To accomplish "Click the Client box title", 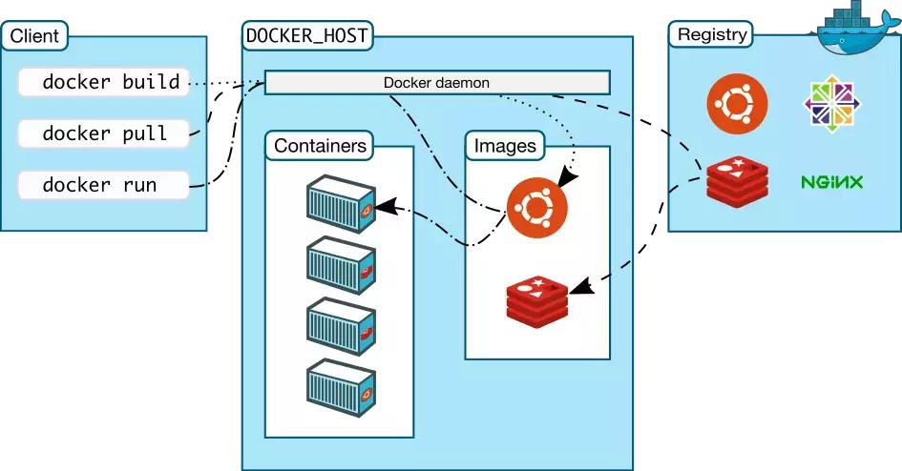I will coord(35,37).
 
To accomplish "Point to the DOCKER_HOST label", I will coord(307,37).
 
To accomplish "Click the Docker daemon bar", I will coord(436,83).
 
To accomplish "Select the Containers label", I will coord(320,146).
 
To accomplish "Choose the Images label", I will coord(505,146).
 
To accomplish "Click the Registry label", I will coord(711,35).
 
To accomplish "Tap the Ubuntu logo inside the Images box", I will coord(536,206).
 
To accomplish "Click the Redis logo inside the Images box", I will coord(537,297).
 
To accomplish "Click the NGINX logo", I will coord(831,181).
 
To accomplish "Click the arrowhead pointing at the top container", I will coord(384,205).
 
